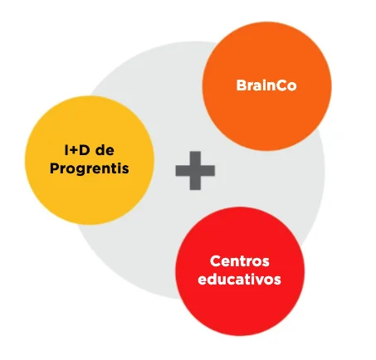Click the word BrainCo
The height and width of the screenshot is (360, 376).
point(266,85)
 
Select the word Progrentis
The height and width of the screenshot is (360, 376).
point(90,168)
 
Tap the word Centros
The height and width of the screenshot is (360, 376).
point(240,261)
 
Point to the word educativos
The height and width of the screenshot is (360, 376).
point(240,279)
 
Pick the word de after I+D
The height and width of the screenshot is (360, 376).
point(105,150)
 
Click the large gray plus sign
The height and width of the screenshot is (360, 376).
point(195,171)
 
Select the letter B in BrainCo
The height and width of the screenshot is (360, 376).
point(241,85)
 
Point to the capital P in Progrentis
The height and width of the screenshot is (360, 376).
point(54,168)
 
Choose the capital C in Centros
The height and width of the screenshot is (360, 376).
point(216,261)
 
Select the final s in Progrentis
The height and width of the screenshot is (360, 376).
point(125,170)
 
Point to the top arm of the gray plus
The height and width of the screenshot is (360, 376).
point(195,158)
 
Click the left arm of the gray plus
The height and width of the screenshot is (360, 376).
point(183,171)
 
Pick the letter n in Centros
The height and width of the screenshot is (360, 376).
point(237,263)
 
